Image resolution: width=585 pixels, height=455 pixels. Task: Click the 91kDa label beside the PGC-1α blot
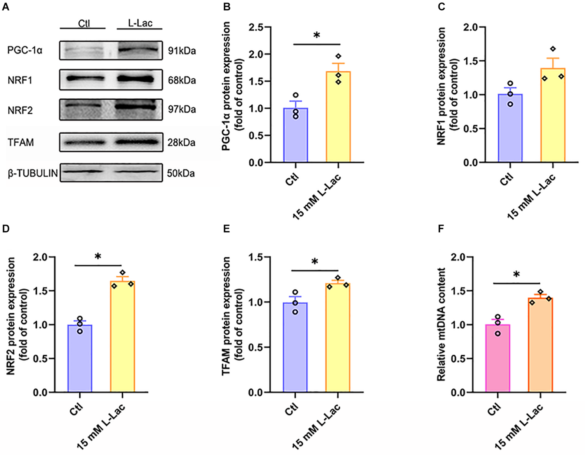pyautogui.click(x=182, y=50)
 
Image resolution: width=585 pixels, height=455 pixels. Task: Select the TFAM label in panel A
pyautogui.click(x=21, y=142)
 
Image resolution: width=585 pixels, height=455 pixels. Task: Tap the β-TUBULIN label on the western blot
pyautogui.click(x=33, y=173)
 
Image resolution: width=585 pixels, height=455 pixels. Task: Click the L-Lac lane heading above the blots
pyautogui.click(x=140, y=23)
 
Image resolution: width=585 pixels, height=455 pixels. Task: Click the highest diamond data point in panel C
pyautogui.click(x=553, y=49)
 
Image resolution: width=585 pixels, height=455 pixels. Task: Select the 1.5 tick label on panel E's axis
pyautogui.click(x=256, y=257)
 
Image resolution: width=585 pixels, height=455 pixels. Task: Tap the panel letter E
pyautogui.click(x=226, y=229)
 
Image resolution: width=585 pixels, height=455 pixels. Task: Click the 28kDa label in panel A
pyautogui.click(x=181, y=143)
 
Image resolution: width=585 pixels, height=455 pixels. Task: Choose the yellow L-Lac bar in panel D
pyautogui.click(x=122, y=337)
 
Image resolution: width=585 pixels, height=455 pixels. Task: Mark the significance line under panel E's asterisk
pyautogui.click(x=315, y=270)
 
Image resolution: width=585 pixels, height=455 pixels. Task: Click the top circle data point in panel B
pyautogui.click(x=296, y=95)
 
